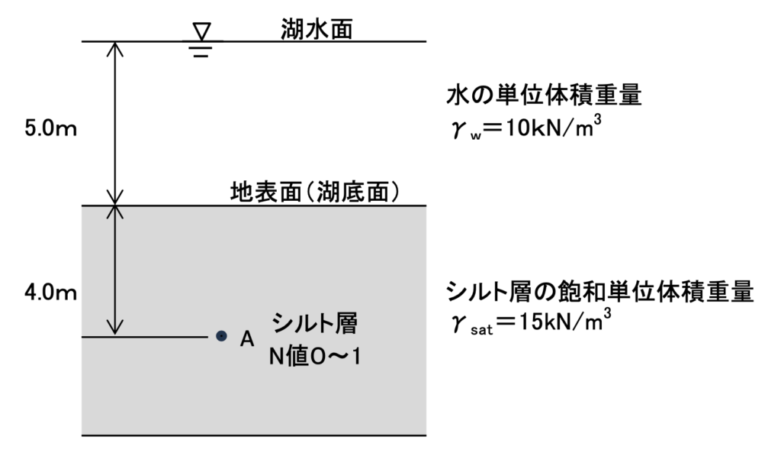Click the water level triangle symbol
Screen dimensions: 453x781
201,31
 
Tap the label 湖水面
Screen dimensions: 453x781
315,28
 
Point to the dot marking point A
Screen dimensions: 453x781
221,335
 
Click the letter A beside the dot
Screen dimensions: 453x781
246,338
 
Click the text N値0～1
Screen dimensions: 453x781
314,356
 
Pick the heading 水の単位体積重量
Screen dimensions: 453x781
544,96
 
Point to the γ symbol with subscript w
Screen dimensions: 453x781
462,129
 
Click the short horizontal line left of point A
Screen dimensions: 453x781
145,336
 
